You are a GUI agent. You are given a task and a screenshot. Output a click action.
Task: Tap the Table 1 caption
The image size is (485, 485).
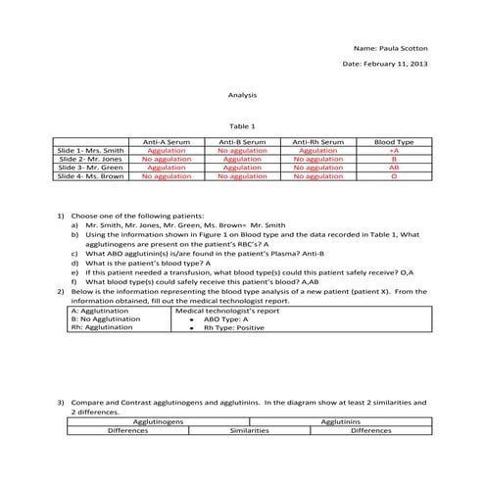(x=241, y=125)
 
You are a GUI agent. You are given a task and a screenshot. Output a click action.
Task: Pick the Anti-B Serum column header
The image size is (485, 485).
(x=242, y=142)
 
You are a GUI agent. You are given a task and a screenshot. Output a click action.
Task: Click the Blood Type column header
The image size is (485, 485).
(x=393, y=142)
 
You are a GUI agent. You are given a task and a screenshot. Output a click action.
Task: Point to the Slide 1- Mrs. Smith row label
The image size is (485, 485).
(x=91, y=151)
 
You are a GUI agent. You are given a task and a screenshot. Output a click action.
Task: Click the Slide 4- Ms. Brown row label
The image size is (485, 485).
(x=91, y=176)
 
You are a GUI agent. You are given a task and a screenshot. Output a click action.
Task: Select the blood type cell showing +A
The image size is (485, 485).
(x=393, y=151)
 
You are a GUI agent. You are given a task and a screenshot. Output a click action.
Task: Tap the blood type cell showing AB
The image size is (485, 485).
(x=393, y=168)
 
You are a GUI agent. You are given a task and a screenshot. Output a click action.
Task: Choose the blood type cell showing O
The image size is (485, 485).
(x=393, y=176)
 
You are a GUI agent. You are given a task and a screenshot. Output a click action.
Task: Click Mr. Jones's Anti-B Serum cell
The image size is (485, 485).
(x=242, y=159)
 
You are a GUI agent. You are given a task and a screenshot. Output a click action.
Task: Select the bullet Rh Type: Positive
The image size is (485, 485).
(x=234, y=328)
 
